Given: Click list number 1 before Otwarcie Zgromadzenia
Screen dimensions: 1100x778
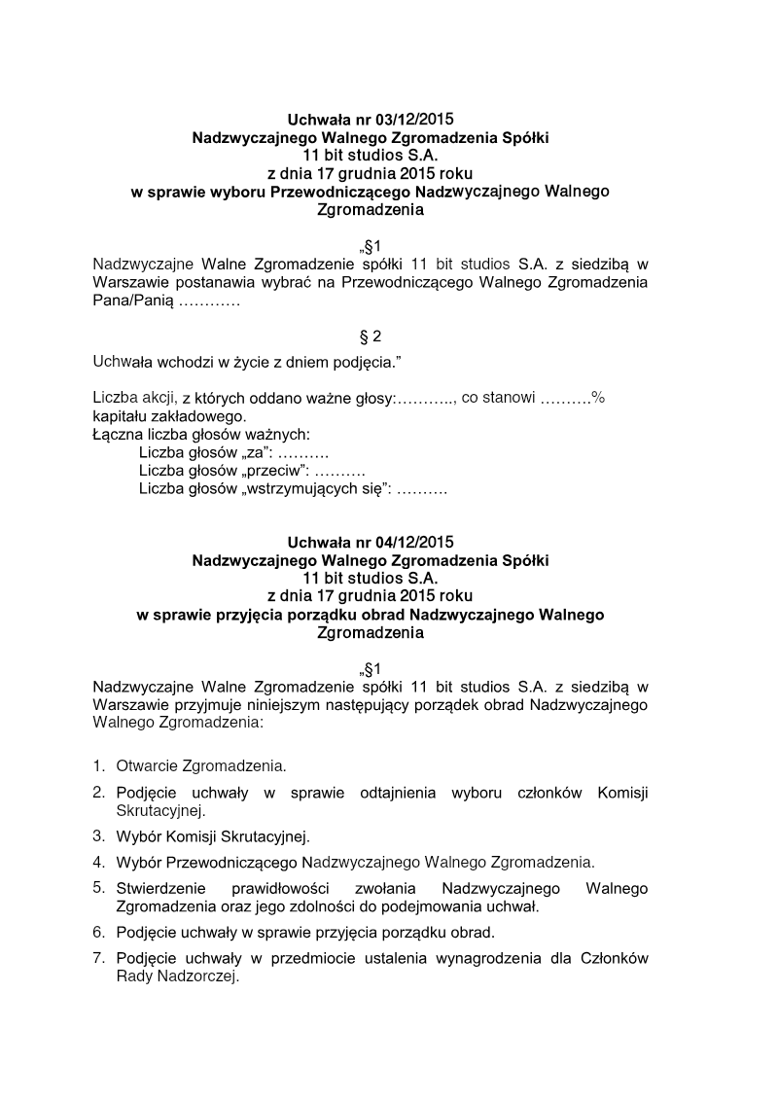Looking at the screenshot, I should coord(98,766).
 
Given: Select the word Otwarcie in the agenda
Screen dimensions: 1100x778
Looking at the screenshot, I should coord(147,766).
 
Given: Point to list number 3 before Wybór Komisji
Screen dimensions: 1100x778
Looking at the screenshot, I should coord(98,835).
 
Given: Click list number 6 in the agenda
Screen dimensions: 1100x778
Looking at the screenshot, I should coord(98,932).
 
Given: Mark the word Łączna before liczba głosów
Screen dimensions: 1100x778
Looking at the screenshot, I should coord(118,435).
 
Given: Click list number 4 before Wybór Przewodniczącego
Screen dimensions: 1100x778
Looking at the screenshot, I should coord(98,862).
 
